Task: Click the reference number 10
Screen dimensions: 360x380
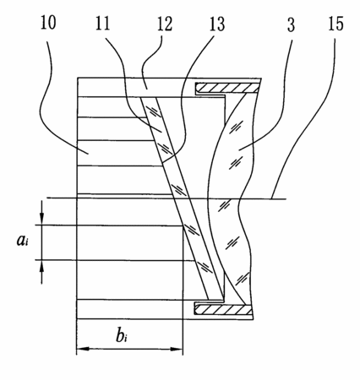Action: click(x=48, y=22)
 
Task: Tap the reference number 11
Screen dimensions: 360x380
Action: click(x=102, y=23)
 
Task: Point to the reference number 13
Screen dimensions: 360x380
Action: click(x=217, y=24)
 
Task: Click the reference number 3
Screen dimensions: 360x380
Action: click(x=291, y=24)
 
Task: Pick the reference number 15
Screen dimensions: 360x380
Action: click(x=335, y=24)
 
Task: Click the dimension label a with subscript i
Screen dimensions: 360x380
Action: click(x=22, y=241)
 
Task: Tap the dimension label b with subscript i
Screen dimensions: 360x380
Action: click(x=121, y=335)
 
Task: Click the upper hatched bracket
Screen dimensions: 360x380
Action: click(x=227, y=88)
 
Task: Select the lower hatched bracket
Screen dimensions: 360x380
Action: click(x=223, y=309)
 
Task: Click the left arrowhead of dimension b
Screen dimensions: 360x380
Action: click(x=83, y=349)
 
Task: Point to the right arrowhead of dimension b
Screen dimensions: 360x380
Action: click(x=177, y=349)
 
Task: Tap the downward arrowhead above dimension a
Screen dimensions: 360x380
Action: click(x=41, y=219)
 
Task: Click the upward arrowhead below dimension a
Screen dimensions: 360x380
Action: click(x=41, y=267)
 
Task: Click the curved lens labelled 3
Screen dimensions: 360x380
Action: click(x=230, y=197)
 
